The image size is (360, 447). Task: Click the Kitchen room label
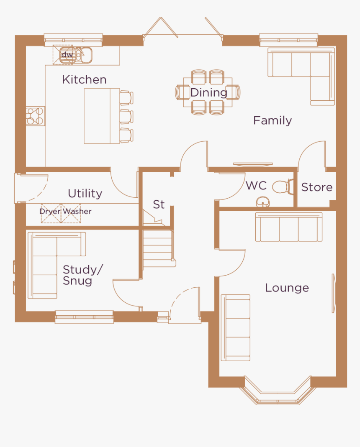[x=84, y=79]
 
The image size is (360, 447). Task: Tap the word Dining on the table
[x=208, y=92]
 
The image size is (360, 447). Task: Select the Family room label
[x=273, y=120]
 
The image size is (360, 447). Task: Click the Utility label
[x=85, y=193]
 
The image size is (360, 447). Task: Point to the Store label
[x=316, y=187]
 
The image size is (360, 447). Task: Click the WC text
[x=256, y=185]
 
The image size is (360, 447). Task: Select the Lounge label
[x=287, y=288]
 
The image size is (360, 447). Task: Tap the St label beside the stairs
[x=159, y=204]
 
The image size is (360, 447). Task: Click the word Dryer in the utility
[x=50, y=212]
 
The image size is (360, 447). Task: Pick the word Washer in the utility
[x=77, y=212]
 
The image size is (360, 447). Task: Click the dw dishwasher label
[x=67, y=55]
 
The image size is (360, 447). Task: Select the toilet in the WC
[x=283, y=186]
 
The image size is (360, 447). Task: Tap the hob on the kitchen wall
[x=35, y=116]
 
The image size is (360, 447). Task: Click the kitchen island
[x=102, y=116]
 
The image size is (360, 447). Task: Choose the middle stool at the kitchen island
[x=126, y=116]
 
